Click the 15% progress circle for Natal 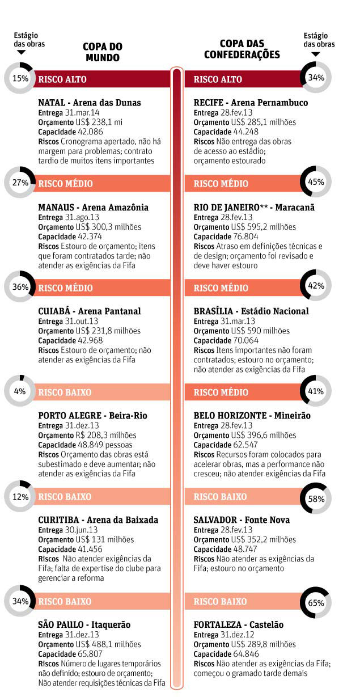(20, 78)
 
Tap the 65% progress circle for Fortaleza (316, 603)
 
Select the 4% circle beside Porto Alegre (20, 391)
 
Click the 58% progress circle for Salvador (316, 499)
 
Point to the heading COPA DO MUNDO (103, 52)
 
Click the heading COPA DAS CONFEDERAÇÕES (250, 49)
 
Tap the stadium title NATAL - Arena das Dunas (90, 103)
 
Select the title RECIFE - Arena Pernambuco (251, 103)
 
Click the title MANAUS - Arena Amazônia (93, 207)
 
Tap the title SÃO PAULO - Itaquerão (84, 624)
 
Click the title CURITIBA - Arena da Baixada (98, 520)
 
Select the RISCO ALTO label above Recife (217, 79)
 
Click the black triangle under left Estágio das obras (22, 53)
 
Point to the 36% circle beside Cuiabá (20, 287)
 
